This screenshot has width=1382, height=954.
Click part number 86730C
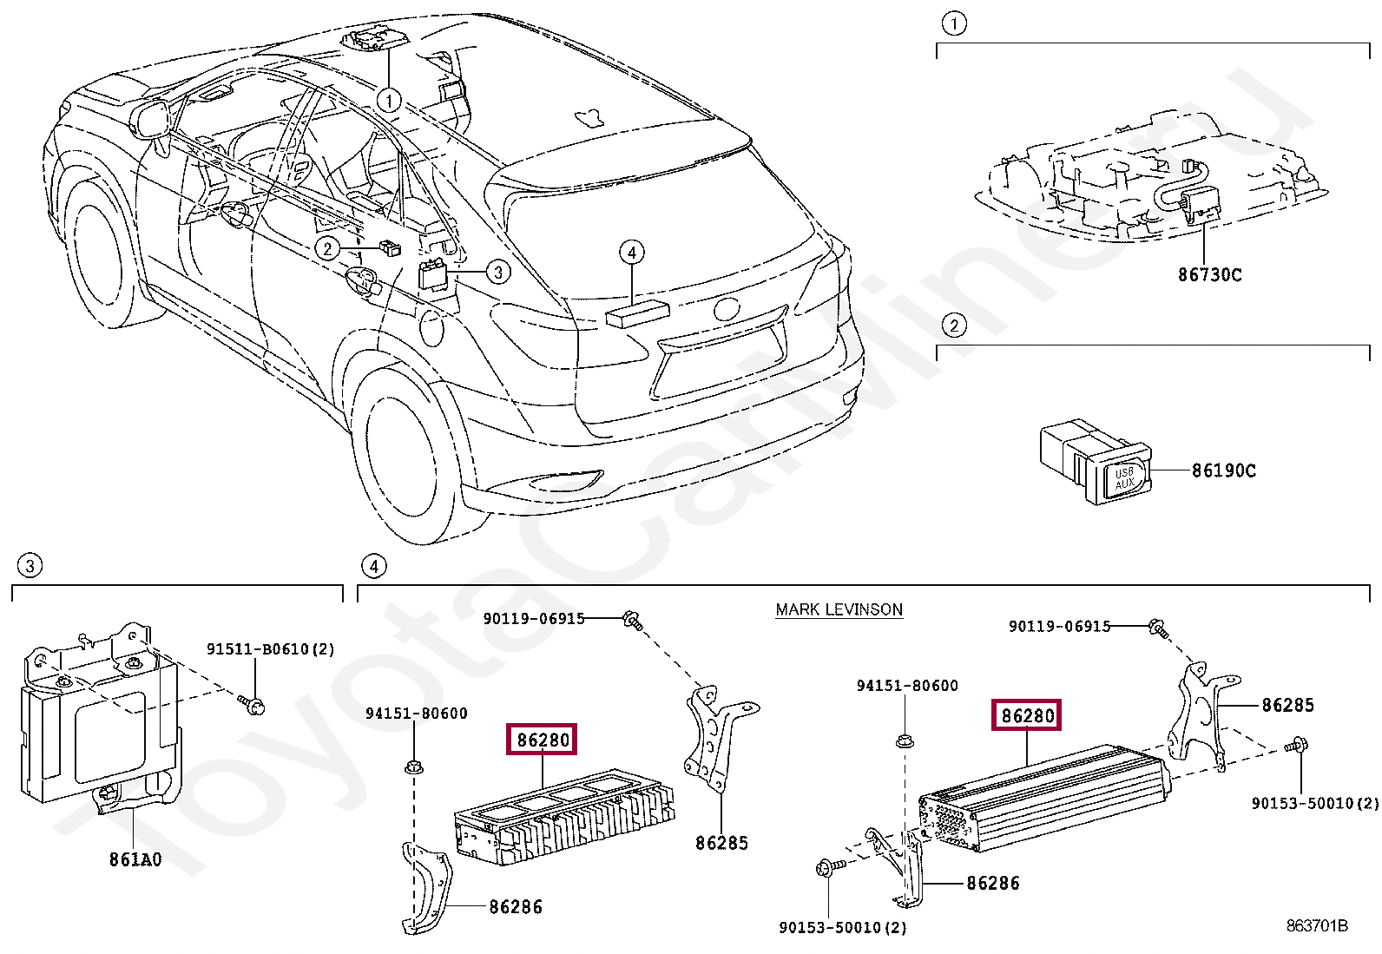click(1209, 275)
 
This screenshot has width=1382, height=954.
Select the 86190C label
click(1223, 470)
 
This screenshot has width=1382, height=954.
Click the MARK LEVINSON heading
click(839, 609)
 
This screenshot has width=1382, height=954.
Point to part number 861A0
click(135, 859)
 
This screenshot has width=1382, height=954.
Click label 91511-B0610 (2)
click(270, 649)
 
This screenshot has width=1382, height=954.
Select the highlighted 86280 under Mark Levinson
click(1027, 715)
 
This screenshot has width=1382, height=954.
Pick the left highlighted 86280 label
click(543, 740)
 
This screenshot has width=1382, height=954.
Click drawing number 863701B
click(1316, 925)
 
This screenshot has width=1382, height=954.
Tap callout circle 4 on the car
click(632, 253)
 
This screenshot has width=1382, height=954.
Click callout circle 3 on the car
click(497, 272)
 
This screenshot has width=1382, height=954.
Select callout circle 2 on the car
click(327, 249)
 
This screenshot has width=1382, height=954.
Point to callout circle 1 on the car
click(389, 101)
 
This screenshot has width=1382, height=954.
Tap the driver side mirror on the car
click(152, 119)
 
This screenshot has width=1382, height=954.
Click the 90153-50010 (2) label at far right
click(1314, 803)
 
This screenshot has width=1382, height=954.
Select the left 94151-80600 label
click(416, 714)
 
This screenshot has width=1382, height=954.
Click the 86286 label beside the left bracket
click(515, 907)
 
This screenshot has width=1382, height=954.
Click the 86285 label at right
click(1287, 706)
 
